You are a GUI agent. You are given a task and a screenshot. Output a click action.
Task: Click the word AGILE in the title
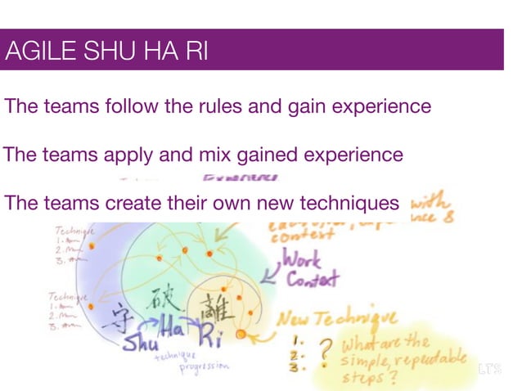point(32,52)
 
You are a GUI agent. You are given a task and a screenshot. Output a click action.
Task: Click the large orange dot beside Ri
point(241,335)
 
